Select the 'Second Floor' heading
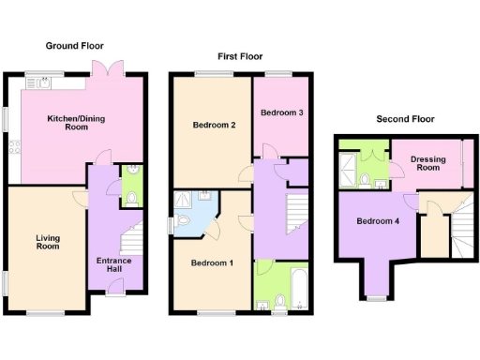click(405, 119)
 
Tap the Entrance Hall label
click(115, 264)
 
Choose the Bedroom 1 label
click(211, 262)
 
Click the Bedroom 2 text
click(213, 125)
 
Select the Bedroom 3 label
click(281, 112)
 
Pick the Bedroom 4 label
click(376, 222)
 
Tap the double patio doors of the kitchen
click(105, 69)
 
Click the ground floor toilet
click(132, 199)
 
